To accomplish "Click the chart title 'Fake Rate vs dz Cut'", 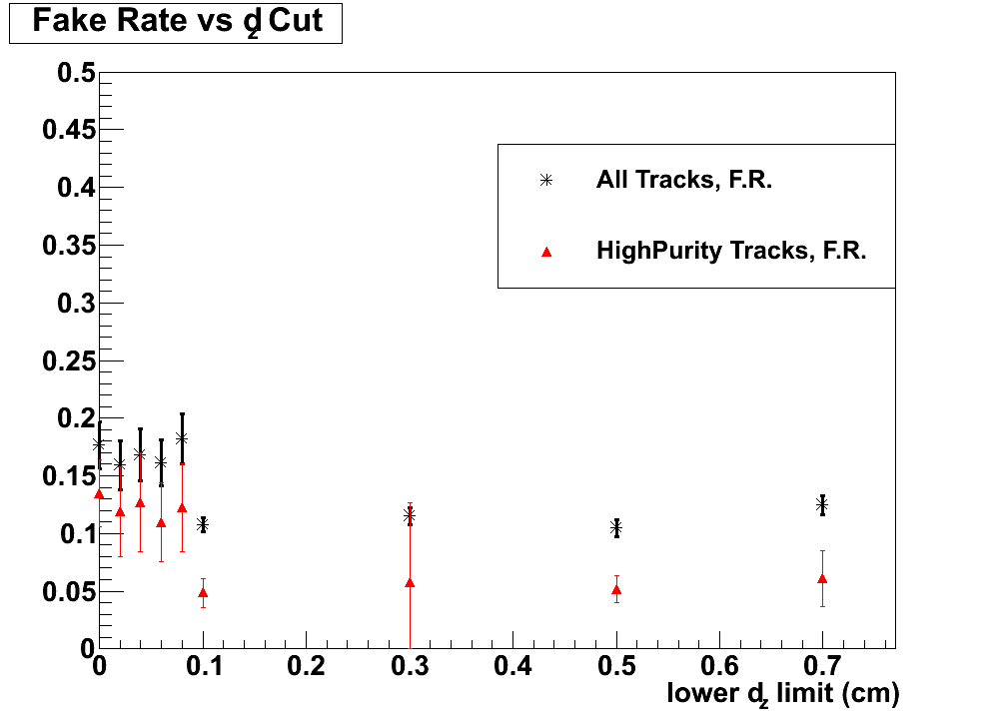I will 177,22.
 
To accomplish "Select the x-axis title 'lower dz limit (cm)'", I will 783,693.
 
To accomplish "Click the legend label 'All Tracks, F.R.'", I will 683,181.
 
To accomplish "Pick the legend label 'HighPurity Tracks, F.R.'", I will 730,251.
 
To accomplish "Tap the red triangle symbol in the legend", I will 546,252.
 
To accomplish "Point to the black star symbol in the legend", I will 546,181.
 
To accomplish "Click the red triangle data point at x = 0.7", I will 822,578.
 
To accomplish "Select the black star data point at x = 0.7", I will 822,505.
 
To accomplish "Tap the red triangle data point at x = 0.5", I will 616,589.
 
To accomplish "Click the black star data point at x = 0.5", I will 616,528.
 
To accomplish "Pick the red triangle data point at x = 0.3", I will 410,582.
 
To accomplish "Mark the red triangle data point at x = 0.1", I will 203,592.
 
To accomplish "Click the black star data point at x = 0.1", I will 203,524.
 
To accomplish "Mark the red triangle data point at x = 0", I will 99,493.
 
